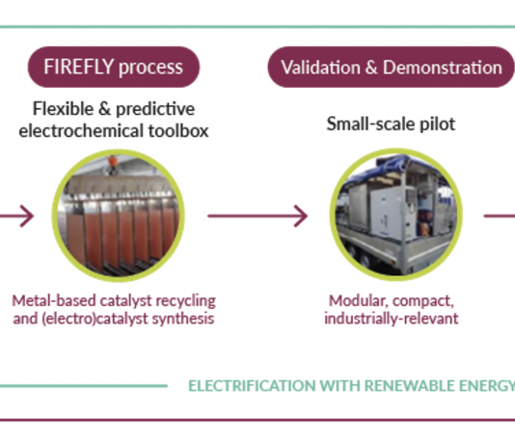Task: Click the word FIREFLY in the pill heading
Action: [79, 67]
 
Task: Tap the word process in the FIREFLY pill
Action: [150, 69]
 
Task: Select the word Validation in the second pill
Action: [321, 68]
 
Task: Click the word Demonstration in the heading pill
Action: [443, 68]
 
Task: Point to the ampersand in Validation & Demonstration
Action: [371, 68]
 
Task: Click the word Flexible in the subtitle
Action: [63, 109]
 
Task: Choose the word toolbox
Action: [178, 131]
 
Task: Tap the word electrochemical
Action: [81, 131]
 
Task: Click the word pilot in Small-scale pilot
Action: [438, 125]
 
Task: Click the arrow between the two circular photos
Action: [257, 216]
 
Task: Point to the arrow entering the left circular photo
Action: [17, 216]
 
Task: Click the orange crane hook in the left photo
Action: [113, 162]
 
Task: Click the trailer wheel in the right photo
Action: [365, 259]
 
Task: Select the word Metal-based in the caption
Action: [54, 301]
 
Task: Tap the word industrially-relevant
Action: [392, 319]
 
